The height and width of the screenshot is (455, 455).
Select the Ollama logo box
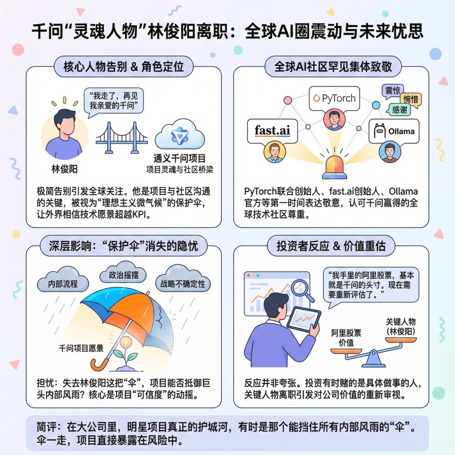point(394,131)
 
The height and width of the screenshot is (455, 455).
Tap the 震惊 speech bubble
point(392,90)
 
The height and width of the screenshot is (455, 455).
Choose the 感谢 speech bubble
point(399,110)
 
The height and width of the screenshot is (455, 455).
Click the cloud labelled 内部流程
point(63,284)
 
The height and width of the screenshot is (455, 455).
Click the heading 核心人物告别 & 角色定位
point(124,67)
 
